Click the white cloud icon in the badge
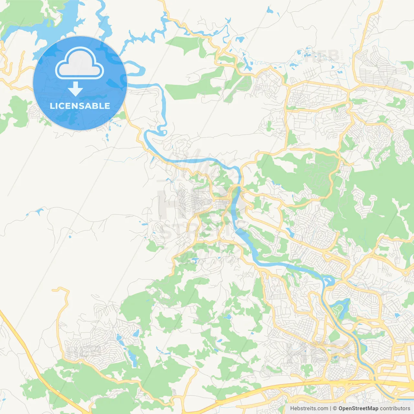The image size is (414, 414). pyautogui.click(x=80, y=64)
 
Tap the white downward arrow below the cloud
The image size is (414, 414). pyautogui.click(x=75, y=89)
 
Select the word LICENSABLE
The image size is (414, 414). pyautogui.click(x=80, y=106)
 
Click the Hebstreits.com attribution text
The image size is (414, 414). pyautogui.click(x=309, y=409)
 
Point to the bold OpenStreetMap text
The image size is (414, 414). pyautogui.click(x=358, y=409)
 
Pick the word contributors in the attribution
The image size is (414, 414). pyautogui.click(x=395, y=409)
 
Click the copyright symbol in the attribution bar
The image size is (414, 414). pyautogui.click(x=335, y=409)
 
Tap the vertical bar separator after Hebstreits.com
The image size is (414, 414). pyautogui.click(x=331, y=409)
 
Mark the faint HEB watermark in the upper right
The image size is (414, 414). pyautogui.click(x=322, y=57)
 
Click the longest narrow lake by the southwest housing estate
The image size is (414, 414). pyautogui.click(x=132, y=356)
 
